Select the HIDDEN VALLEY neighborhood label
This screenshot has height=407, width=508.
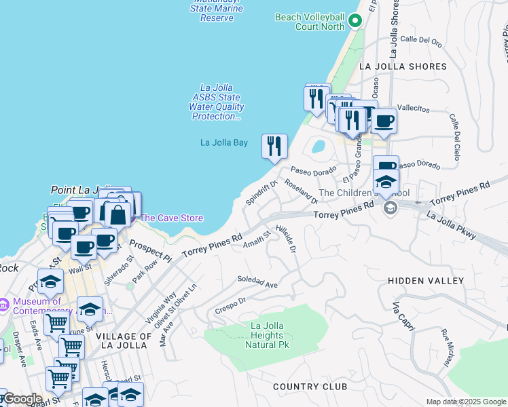click(x=426, y=281)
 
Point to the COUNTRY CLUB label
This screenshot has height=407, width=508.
click(x=310, y=387)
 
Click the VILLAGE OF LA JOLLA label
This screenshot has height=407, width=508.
click(x=122, y=341)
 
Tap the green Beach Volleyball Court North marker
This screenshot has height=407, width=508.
click(x=354, y=21)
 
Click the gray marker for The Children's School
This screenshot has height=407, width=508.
click(x=390, y=207)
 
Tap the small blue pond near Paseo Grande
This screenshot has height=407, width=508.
click(x=317, y=147)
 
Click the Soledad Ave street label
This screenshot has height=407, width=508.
click(x=257, y=282)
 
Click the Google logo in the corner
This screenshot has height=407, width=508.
click(x=22, y=399)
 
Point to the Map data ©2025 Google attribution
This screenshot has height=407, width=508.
click(x=465, y=402)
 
